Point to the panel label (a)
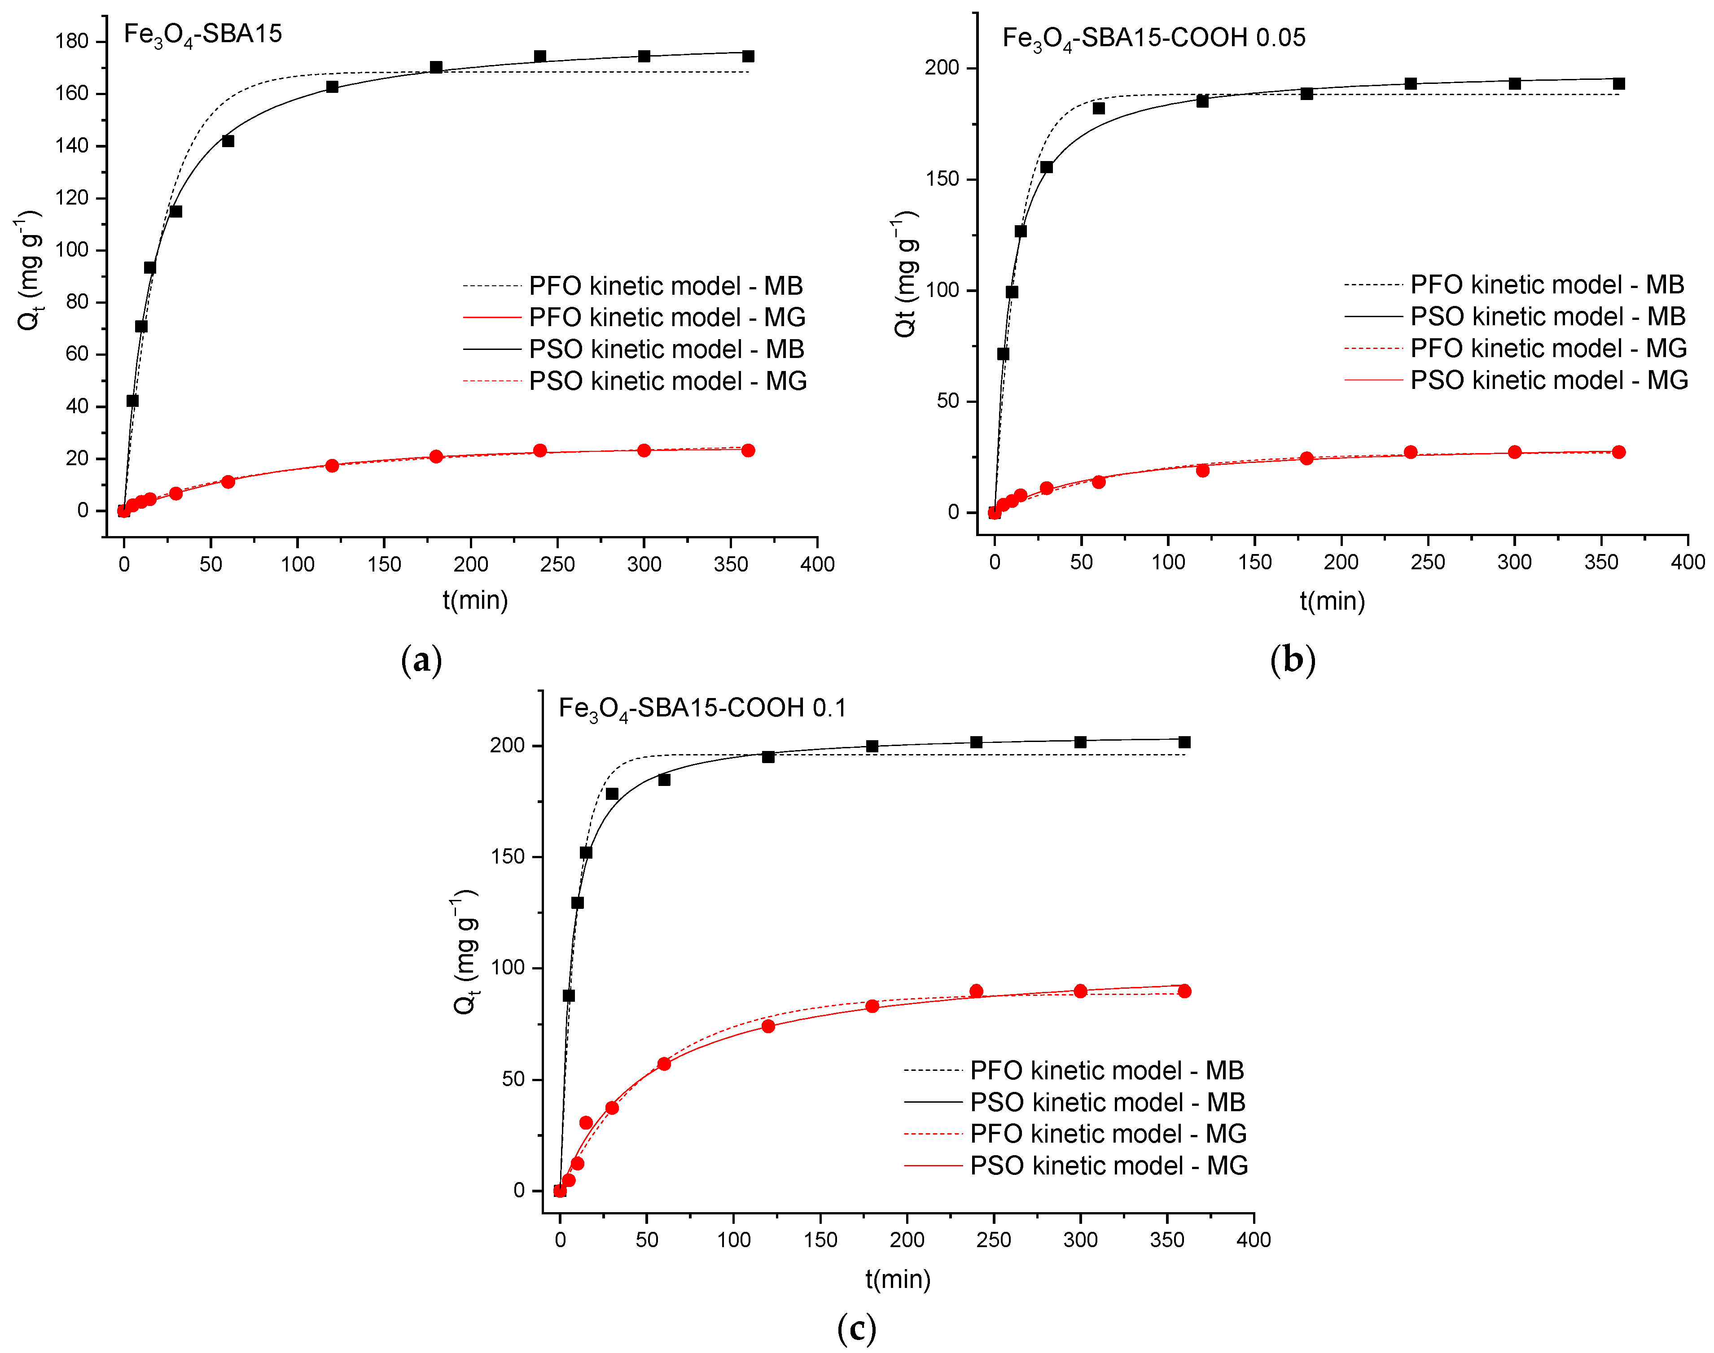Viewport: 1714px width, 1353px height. [421, 660]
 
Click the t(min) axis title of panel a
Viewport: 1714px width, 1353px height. [475, 600]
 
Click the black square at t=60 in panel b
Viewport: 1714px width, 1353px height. [1098, 109]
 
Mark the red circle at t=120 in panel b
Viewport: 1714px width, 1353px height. [1202, 471]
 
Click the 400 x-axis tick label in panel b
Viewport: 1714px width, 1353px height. [1687, 563]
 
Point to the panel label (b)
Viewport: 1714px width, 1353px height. [1293, 660]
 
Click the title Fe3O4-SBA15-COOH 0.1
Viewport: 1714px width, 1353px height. [702, 707]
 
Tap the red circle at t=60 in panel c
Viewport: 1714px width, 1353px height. [664, 1064]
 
